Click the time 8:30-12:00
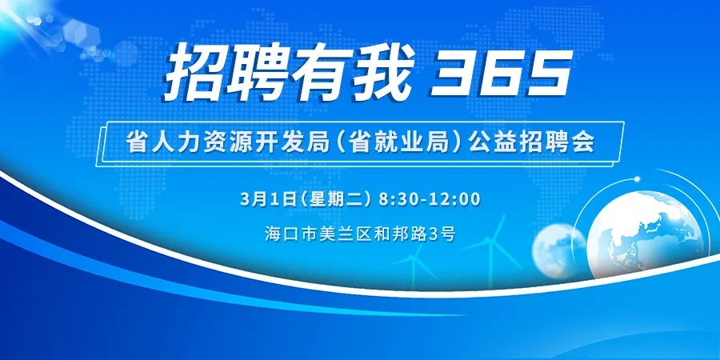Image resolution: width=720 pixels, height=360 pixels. pos(430,200)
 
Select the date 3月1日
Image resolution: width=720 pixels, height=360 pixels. pos(266,200)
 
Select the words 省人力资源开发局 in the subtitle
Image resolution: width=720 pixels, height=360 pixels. pos(228,143)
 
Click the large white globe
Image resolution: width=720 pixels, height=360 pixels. pos(645,235)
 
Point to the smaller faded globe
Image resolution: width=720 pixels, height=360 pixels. pos(558,250)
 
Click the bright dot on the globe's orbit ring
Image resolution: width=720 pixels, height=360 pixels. pos(638,178)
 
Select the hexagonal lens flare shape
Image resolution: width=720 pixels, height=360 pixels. pos(82,31)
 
